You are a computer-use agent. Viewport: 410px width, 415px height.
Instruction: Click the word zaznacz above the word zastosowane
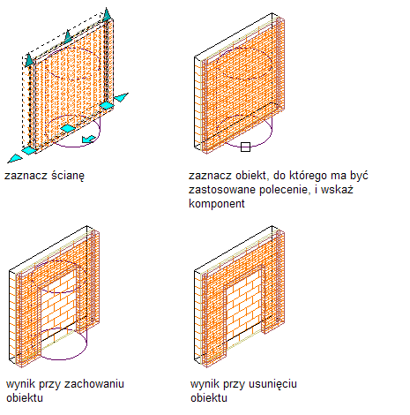coord(208,176)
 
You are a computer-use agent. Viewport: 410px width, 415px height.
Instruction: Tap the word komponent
coord(217,204)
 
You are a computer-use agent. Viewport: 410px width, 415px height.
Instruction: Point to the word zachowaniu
coord(94,384)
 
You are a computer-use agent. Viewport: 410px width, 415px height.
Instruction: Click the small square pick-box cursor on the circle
coord(245,147)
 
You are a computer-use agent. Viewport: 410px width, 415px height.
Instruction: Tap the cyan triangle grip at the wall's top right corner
coord(107,15)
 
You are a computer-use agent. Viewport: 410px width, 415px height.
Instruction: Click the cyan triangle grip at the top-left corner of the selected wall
coord(29,60)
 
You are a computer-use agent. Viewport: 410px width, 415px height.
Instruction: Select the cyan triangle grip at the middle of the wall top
coord(68,37)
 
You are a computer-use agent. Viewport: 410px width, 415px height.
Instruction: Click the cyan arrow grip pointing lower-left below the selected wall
coord(15,159)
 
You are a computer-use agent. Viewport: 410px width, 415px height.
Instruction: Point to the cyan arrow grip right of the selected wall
coord(121,97)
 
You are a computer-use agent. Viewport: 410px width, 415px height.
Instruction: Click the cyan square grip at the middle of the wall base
coord(68,128)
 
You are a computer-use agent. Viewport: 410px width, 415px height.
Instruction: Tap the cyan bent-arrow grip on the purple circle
coord(88,139)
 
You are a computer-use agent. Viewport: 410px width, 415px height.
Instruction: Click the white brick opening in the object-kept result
coord(59,306)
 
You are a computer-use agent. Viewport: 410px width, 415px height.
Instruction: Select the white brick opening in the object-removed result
coord(244,306)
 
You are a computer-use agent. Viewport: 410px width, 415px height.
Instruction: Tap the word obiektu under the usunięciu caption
coord(209,398)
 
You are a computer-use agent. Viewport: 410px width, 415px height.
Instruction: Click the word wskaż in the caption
coord(337,190)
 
